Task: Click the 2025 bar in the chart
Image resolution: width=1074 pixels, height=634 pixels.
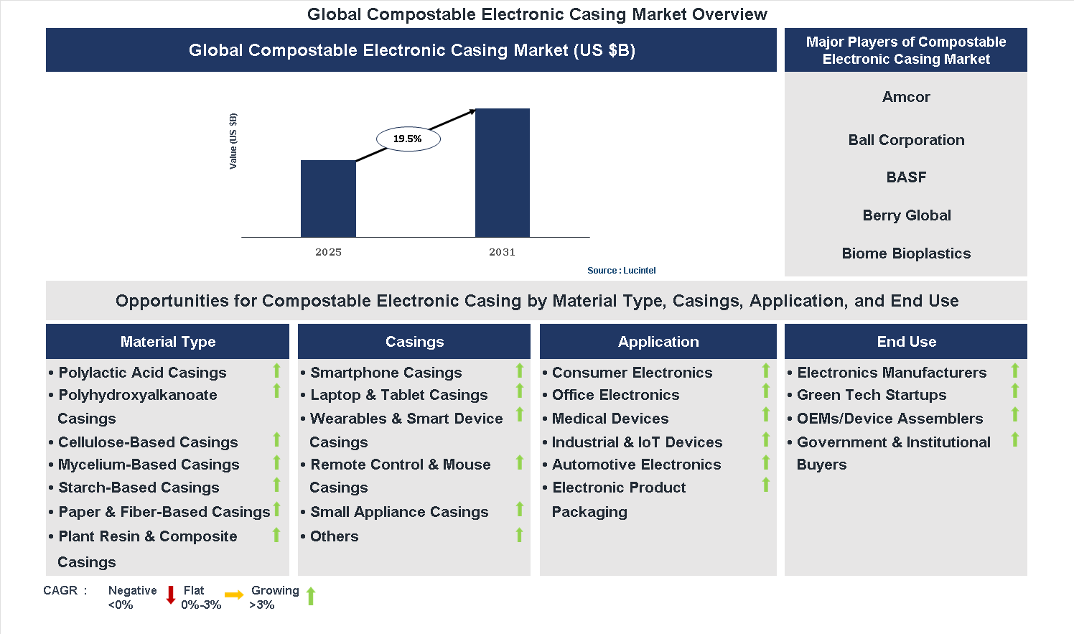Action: pos(328,198)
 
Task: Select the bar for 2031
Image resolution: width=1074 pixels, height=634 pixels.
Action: pos(502,172)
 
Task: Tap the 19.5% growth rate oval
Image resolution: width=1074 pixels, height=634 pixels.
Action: pos(408,139)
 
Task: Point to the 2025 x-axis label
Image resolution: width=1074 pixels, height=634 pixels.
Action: pos(328,252)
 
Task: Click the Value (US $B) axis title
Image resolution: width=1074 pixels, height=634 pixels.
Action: pos(233,141)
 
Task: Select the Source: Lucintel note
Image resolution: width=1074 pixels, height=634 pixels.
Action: pos(621,271)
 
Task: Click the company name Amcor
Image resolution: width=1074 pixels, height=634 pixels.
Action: pos(906,97)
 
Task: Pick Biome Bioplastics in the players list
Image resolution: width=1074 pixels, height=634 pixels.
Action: pos(906,253)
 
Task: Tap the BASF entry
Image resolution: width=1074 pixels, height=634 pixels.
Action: pos(906,177)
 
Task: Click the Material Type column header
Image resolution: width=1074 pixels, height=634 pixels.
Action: pos(167,342)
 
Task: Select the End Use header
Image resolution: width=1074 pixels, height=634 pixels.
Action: pos(906,342)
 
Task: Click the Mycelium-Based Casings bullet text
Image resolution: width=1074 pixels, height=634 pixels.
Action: pos(149,465)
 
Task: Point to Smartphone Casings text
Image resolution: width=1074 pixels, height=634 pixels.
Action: pos(386,373)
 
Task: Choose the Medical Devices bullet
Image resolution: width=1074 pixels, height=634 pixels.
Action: pos(610,419)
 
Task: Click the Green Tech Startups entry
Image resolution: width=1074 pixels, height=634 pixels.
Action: pos(872,395)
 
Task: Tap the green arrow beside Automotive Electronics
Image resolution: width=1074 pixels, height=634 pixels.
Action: pos(766,462)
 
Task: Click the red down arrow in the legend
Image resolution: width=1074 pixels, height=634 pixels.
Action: pos(171,595)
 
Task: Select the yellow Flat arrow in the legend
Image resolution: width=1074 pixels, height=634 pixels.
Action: pos(234,595)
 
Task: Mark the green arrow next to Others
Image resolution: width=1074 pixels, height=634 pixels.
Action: pos(519,535)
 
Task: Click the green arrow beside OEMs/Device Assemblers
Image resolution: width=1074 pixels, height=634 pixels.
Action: pos(1015,414)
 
